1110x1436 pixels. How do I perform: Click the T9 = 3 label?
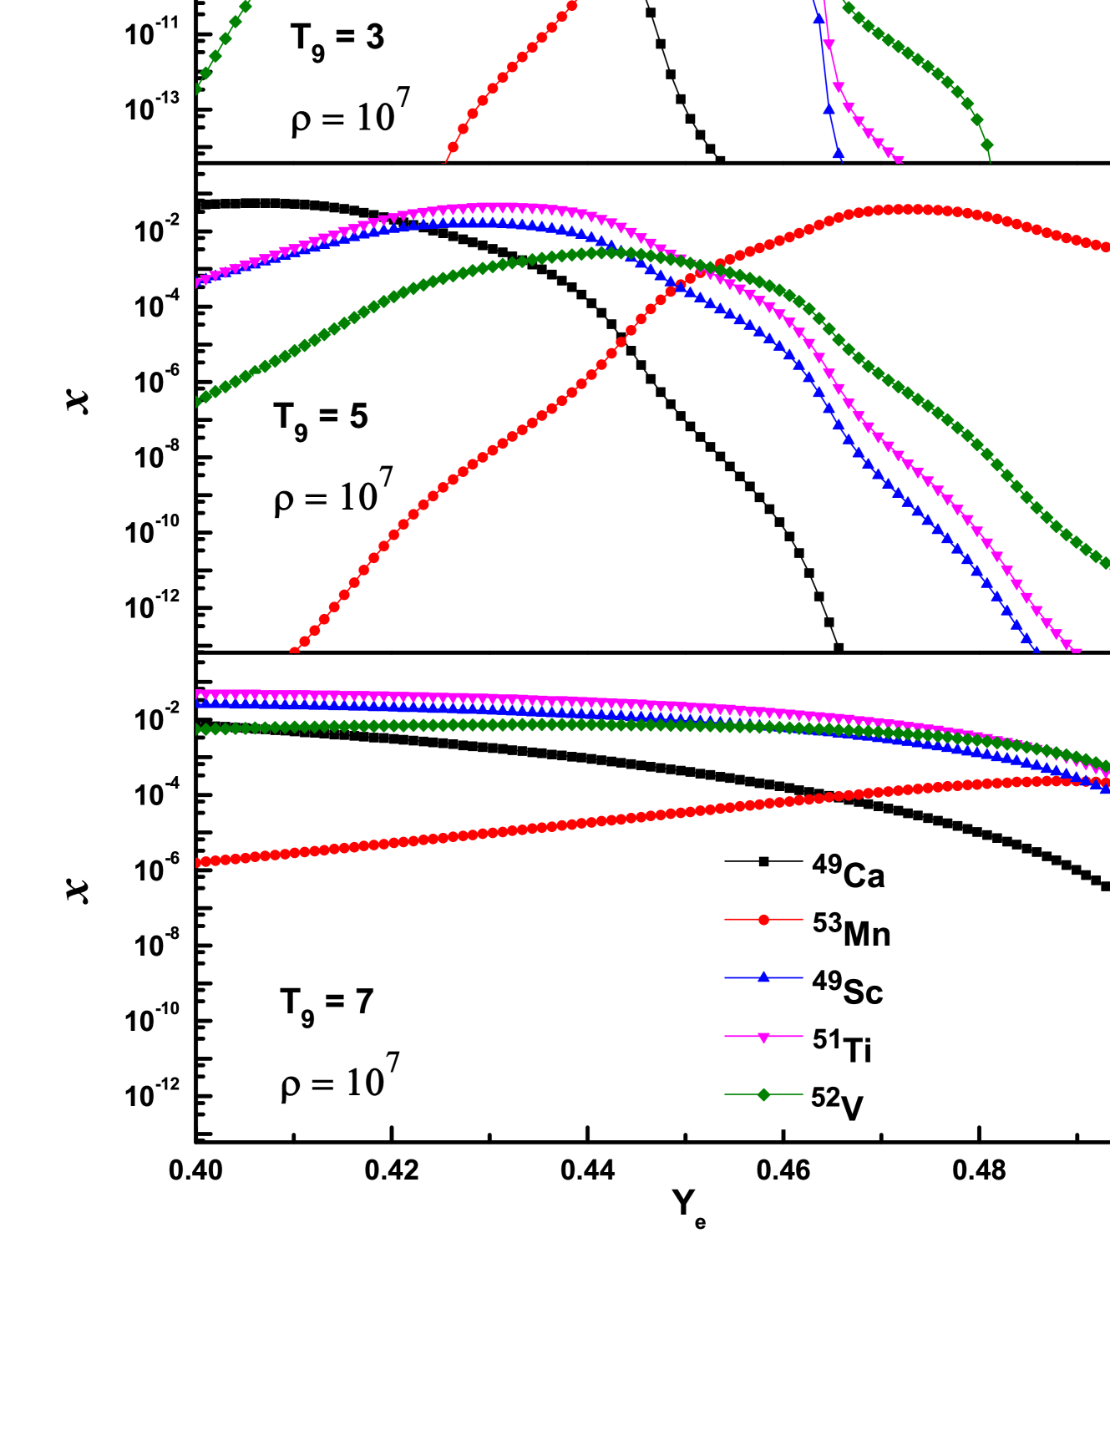click(x=337, y=39)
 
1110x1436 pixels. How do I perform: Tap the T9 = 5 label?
click(x=321, y=418)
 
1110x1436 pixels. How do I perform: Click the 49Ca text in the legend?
click(x=848, y=873)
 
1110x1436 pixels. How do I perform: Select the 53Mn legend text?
click(x=851, y=931)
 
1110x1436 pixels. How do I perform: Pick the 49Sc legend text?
click(x=847, y=989)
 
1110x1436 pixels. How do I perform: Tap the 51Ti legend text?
click(x=842, y=1048)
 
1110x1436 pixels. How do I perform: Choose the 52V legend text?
click(x=837, y=1104)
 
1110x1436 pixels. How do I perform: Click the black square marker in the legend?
click(x=763, y=861)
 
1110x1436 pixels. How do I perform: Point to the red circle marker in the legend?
click(x=763, y=920)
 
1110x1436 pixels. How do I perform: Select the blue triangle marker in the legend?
click(x=763, y=977)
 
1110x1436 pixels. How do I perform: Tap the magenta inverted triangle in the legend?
click(x=763, y=1037)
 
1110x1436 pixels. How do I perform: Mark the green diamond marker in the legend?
click(x=763, y=1094)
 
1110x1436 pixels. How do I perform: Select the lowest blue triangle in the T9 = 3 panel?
click(x=839, y=153)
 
